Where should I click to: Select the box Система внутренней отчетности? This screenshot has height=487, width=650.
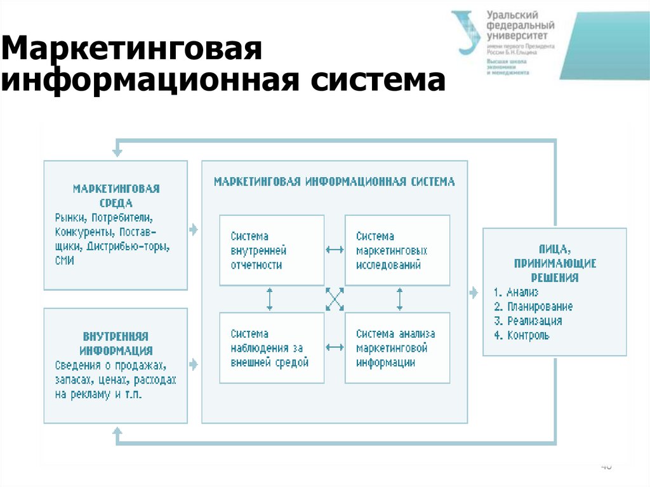[x=272, y=250]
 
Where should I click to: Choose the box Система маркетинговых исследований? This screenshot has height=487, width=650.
[x=397, y=250]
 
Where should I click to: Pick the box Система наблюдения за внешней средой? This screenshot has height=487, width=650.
[x=272, y=348]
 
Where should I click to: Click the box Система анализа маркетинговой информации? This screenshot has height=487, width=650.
[x=397, y=348]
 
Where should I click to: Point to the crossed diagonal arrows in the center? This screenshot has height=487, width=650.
[x=335, y=298]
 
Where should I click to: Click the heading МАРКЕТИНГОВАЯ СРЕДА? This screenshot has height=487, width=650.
[x=116, y=196]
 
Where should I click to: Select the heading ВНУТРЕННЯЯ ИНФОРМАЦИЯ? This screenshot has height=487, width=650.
[x=116, y=343]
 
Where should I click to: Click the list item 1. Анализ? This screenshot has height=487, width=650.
[x=516, y=292]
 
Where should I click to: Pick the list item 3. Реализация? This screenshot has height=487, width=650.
[x=527, y=321]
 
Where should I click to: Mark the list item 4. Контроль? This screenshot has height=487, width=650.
[x=521, y=336]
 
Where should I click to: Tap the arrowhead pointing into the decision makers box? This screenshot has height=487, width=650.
[x=474, y=293]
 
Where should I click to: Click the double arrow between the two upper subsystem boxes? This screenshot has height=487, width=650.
[x=335, y=250]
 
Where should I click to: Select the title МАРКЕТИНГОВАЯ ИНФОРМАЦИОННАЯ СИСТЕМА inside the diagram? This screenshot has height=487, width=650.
[x=335, y=182]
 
